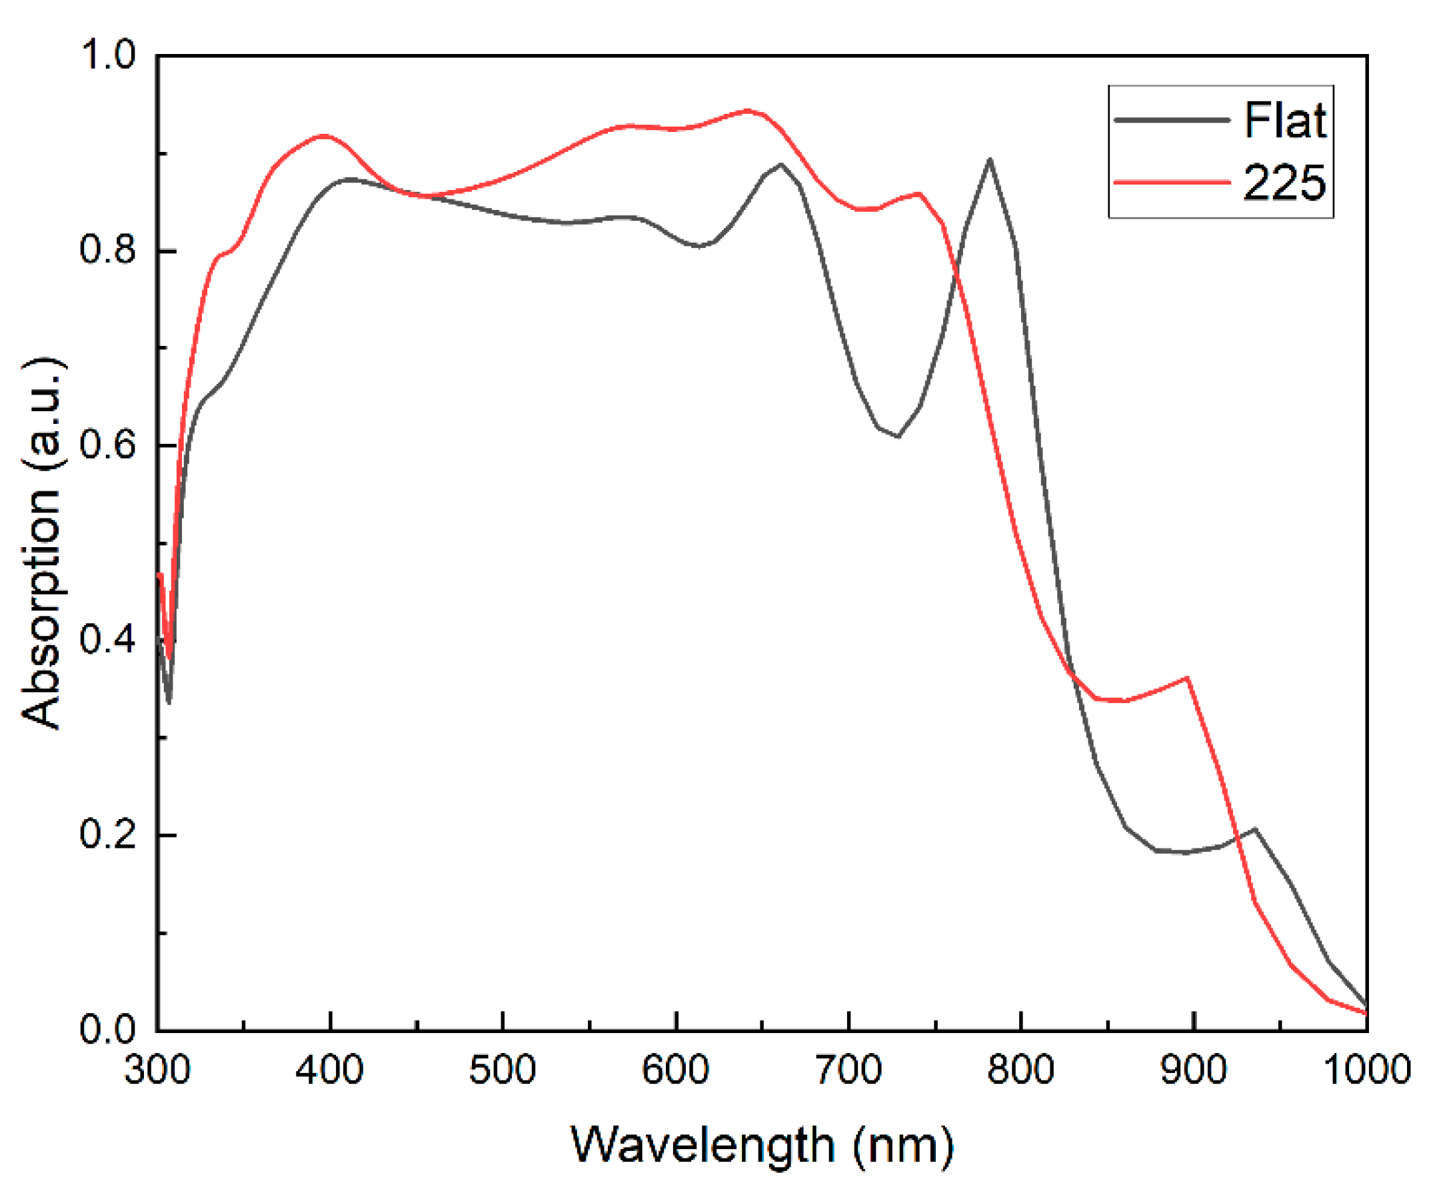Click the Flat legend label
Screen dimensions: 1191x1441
click(1284, 121)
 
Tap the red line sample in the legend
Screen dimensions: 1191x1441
click(1172, 183)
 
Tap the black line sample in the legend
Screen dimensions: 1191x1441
click(1172, 120)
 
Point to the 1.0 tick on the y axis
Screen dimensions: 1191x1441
click(109, 55)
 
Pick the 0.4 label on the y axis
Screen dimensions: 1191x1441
click(109, 640)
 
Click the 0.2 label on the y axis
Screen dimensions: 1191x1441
click(109, 835)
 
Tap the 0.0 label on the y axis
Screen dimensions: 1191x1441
click(109, 1029)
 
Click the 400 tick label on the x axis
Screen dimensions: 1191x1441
click(329, 1070)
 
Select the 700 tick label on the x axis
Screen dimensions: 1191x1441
click(849, 1070)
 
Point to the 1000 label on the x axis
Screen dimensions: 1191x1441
click(1366, 1070)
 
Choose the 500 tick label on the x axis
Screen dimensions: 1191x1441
click(503, 1070)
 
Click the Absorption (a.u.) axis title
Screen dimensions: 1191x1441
click(43, 542)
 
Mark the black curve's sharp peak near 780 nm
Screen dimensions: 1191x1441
click(989, 161)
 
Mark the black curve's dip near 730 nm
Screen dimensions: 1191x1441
click(898, 437)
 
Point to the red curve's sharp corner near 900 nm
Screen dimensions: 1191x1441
click(1187, 678)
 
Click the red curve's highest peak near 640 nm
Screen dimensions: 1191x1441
click(747, 111)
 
